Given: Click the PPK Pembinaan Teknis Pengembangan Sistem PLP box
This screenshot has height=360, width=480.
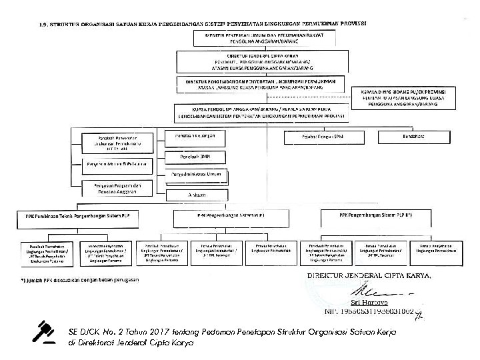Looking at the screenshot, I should coord(83,217).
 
